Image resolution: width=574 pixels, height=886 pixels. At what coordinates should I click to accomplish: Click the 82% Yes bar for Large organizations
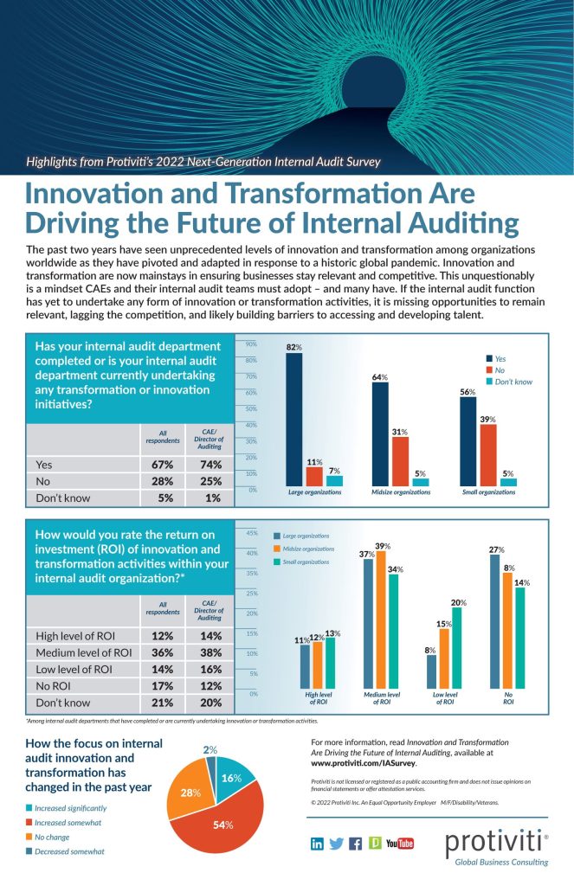pyautogui.click(x=294, y=420)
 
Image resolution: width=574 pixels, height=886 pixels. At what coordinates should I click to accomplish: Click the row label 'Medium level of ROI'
pyautogui.click(x=83, y=652)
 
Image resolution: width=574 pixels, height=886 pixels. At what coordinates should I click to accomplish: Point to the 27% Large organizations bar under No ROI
pyautogui.click(x=496, y=620)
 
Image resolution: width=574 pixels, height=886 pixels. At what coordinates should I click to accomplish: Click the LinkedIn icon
pyautogui.click(x=317, y=843)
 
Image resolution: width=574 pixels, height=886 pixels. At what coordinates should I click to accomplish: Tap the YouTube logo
pyautogui.click(x=399, y=844)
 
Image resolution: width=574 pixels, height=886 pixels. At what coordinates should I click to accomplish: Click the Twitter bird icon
pyautogui.click(x=337, y=843)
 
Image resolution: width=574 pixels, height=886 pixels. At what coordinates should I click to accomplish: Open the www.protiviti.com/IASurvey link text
pyautogui.click(x=364, y=764)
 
